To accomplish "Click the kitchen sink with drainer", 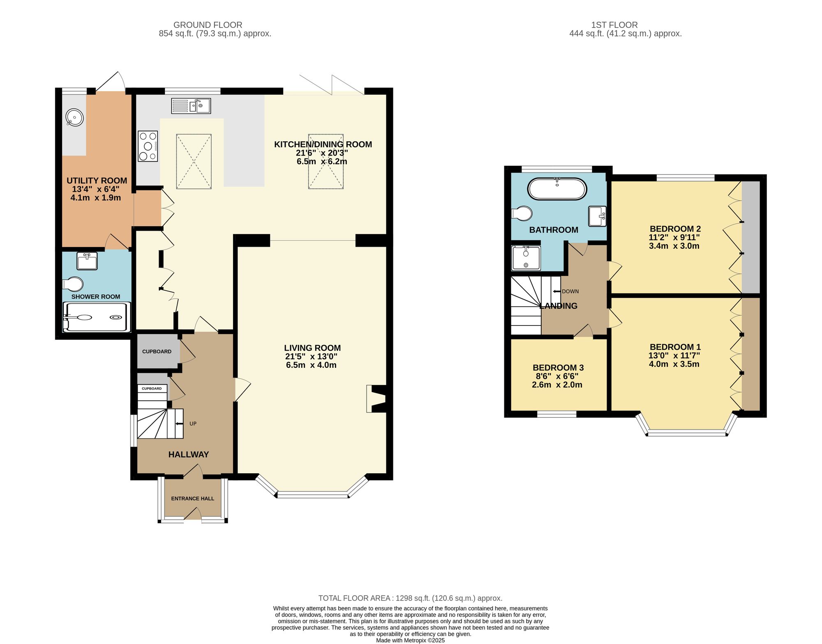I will (191, 106).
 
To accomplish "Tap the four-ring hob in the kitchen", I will (148, 146).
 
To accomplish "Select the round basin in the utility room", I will (75, 118).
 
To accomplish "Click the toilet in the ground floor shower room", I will (73, 284).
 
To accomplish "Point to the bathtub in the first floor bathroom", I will (557, 189).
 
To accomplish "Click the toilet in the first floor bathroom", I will (522, 213).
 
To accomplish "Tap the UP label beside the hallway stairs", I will (193, 424).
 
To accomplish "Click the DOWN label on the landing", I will (570, 291).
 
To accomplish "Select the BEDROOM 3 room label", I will (558, 368).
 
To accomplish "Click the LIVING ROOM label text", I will (312, 348).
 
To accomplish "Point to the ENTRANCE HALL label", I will (192, 498).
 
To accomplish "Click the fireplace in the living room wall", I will (377, 398).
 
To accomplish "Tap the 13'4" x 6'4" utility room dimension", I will (96, 189).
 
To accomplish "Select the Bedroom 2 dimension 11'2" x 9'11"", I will (674, 237).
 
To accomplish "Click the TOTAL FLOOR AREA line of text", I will (410, 598).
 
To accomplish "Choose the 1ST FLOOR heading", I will (614, 25).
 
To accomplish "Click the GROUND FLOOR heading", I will (208, 25).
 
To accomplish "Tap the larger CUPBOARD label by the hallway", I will (157, 351).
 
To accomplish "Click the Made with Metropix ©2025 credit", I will (410, 640).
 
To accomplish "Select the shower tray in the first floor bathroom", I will (526, 258).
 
